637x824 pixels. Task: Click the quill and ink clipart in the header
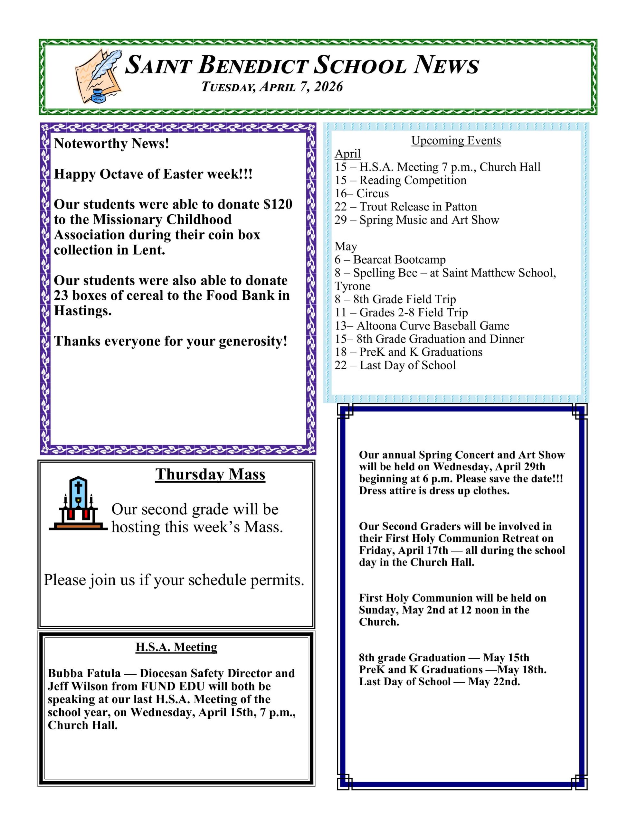click(98, 75)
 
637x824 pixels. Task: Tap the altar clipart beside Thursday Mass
click(78, 504)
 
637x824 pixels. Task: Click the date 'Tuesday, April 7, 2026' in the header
click(272, 87)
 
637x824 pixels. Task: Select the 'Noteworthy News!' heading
click(111, 144)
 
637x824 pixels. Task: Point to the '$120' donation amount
click(278, 204)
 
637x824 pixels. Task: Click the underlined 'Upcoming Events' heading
click(456, 140)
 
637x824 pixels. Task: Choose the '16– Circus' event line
click(361, 193)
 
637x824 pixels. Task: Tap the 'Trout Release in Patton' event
click(418, 206)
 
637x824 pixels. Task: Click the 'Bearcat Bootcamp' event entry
click(399, 259)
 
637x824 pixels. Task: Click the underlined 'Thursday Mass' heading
click(210, 474)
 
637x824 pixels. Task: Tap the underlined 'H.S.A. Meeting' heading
click(176, 647)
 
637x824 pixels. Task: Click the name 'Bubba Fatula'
click(84, 673)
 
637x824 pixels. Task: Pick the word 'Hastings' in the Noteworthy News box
click(82, 311)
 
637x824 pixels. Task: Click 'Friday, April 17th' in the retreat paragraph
click(403, 550)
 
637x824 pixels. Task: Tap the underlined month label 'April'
click(347, 154)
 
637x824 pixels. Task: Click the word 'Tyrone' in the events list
click(352, 286)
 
